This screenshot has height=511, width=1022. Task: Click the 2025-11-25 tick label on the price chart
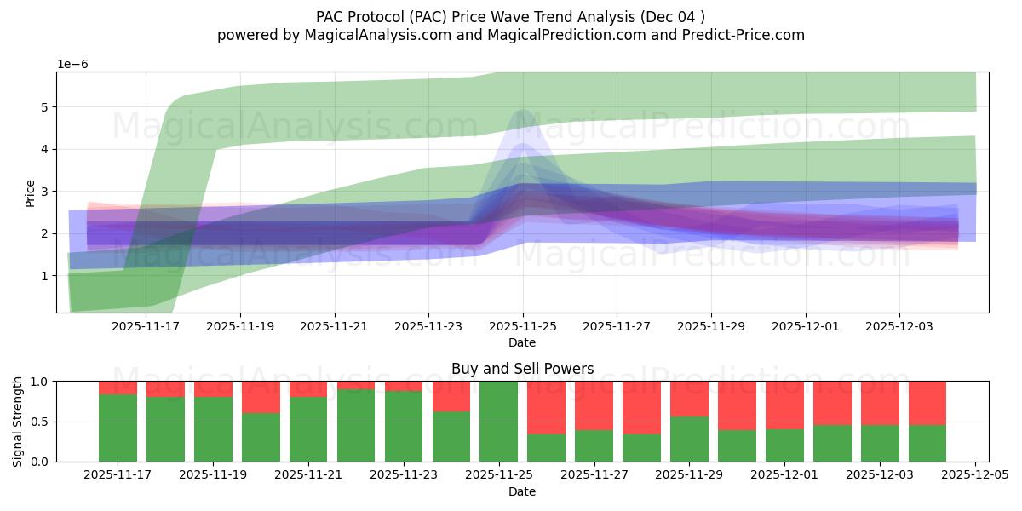click(x=523, y=325)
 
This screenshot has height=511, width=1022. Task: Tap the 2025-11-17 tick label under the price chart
click(x=146, y=325)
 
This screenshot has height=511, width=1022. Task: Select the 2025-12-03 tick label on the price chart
click(x=899, y=325)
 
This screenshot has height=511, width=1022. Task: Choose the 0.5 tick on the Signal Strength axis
click(x=40, y=422)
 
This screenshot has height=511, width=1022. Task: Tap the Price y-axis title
click(x=31, y=192)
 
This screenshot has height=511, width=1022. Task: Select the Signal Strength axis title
click(x=18, y=422)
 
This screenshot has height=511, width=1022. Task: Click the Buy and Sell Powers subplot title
click(x=522, y=369)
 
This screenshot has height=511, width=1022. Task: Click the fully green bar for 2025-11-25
click(x=499, y=422)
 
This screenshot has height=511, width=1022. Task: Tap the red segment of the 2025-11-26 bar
click(x=547, y=408)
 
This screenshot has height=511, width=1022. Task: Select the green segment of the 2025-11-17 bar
click(x=118, y=428)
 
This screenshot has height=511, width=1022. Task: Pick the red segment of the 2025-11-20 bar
click(x=261, y=397)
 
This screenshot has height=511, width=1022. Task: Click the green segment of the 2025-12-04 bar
click(x=927, y=443)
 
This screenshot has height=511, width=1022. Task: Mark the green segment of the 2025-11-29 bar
click(x=689, y=439)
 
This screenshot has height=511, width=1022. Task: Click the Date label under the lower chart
click(x=522, y=491)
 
